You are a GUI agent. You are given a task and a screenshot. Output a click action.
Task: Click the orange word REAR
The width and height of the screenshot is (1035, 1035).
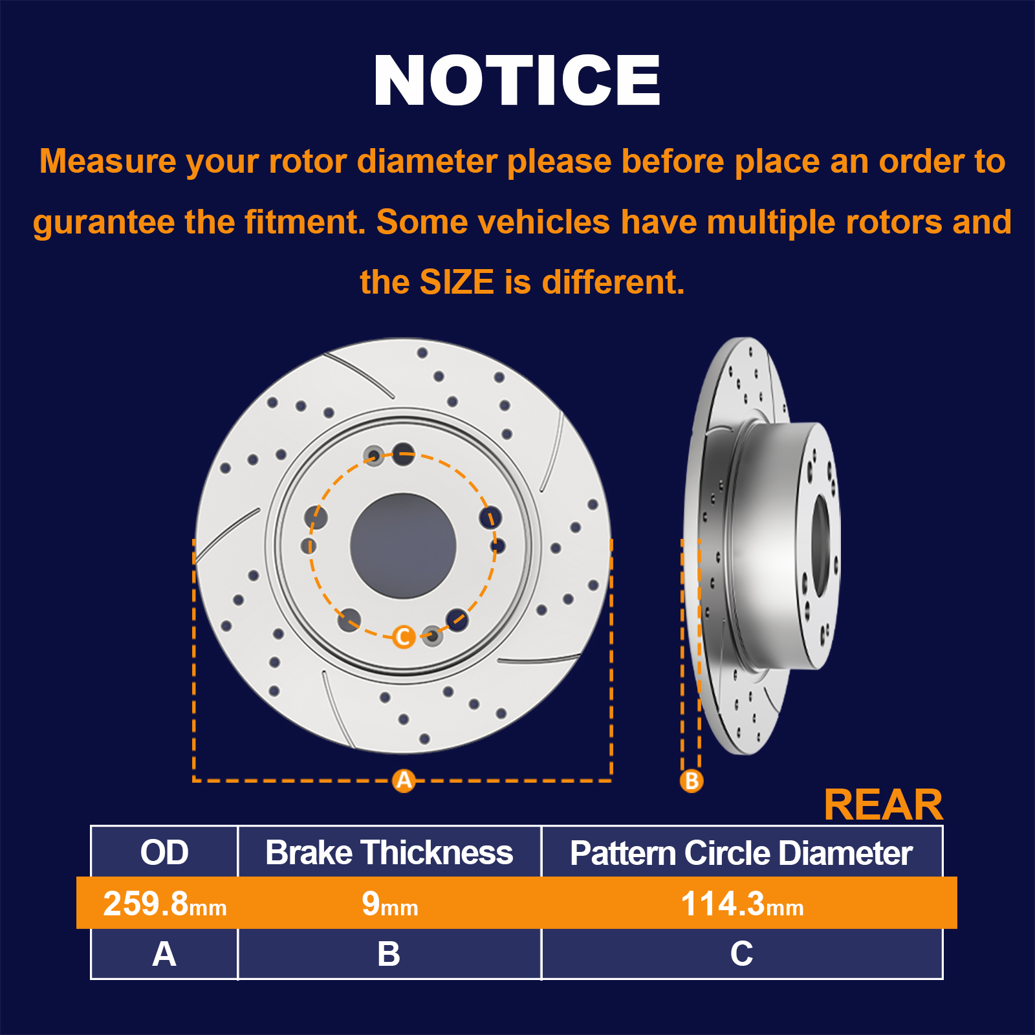(x=883, y=805)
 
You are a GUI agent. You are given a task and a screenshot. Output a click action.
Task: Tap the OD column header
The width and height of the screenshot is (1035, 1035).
(x=164, y=852)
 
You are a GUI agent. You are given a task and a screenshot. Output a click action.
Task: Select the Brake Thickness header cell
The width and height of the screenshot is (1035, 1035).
(x=389, y=853)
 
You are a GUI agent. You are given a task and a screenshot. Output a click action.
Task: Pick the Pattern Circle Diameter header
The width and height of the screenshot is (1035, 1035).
(x=741, y=853)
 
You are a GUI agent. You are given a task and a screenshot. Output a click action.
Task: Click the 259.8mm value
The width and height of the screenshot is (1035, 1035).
(x=165, y=904)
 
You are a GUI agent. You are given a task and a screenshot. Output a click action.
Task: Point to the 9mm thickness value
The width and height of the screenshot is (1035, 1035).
(x=390, y=904)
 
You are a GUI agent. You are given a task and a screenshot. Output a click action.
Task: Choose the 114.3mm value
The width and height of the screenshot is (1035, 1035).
(x=742, y=904)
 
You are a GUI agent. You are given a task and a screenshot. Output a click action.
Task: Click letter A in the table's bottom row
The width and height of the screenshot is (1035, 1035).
(x=164, y=954)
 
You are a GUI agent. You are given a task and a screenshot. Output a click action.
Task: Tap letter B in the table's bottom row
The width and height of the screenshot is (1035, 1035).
(x=389, y=954)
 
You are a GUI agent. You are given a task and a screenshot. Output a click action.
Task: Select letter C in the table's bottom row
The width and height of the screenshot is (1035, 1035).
(x=741, y=954)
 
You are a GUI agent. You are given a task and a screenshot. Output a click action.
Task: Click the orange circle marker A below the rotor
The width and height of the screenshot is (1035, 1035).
(x=404, y=780)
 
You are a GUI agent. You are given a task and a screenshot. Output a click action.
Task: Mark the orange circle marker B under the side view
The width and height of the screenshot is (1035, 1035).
(x=692, y=780)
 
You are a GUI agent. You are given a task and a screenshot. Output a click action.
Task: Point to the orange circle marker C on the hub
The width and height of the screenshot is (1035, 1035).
(x=404, y=637)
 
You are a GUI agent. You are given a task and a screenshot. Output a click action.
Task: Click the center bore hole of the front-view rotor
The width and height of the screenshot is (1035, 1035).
(x=403, y=545)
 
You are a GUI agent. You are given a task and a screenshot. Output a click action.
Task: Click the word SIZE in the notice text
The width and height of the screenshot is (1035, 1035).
(x=457, y=282)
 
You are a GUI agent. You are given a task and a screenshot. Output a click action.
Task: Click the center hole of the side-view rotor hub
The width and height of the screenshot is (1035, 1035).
(x=820, y=545)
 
